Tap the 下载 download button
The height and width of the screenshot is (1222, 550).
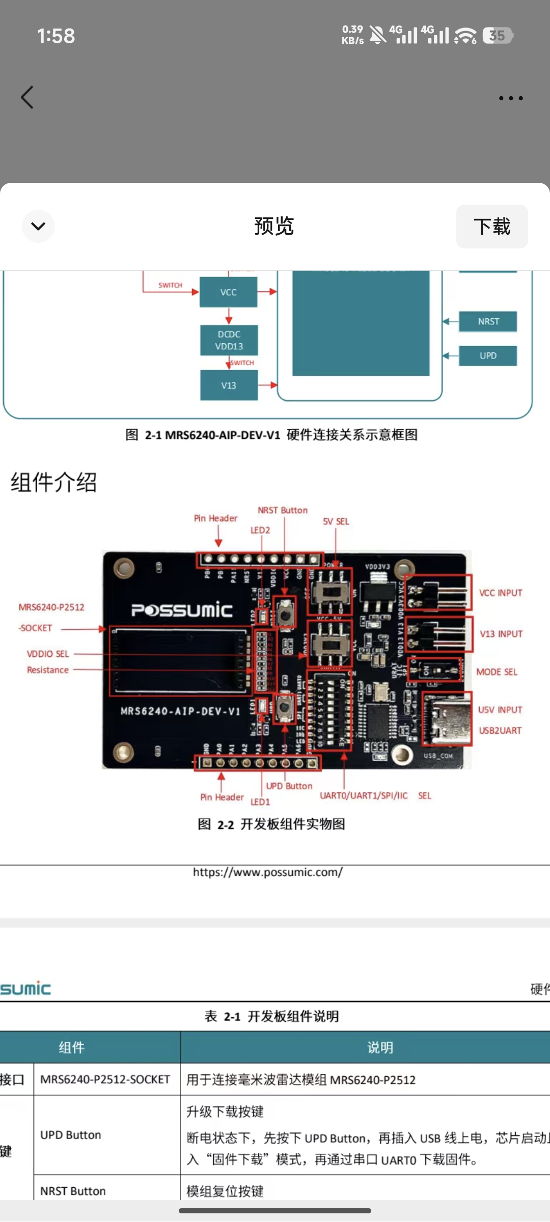click(x=491, y=227)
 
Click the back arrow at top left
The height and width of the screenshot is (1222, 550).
click(x=28, y=97)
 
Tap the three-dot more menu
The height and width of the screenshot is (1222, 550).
click(x=510, y=98)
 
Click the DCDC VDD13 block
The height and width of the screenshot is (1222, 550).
click(x=229, y=340)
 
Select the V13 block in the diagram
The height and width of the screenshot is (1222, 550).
click(x=229, y=385)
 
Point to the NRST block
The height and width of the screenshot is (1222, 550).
click(x=488, y=321)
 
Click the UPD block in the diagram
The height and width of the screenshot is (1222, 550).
click(x=488, y=355)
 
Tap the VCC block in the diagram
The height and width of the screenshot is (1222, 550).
click(x=228, y=292)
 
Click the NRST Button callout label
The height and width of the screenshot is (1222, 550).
click(x=283, y=510)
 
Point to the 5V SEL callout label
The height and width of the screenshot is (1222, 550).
click(x=336, y=521)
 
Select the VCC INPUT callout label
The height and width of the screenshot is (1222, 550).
click(x=501, y=593)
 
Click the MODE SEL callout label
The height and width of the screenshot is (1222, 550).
click(x=497, y=672)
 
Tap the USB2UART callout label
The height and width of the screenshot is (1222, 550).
click(x=500, y=731)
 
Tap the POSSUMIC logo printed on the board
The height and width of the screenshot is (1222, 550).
click(x=182, y=610)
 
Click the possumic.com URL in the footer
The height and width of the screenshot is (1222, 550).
click(x=268, y=872)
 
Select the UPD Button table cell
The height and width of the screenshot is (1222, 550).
click(x=71, y=1135)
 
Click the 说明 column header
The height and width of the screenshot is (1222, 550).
click(x=380, y=1047)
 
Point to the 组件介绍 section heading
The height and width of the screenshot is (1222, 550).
click(x=54, y=482)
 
